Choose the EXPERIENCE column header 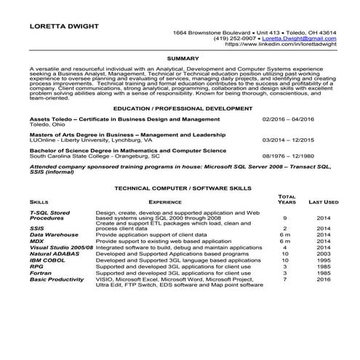click(x=165, y=201)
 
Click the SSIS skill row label click(x=37, y=228)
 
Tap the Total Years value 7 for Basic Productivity click(x=285, y=279)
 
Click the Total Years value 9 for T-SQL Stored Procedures click(x=285, y=218)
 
